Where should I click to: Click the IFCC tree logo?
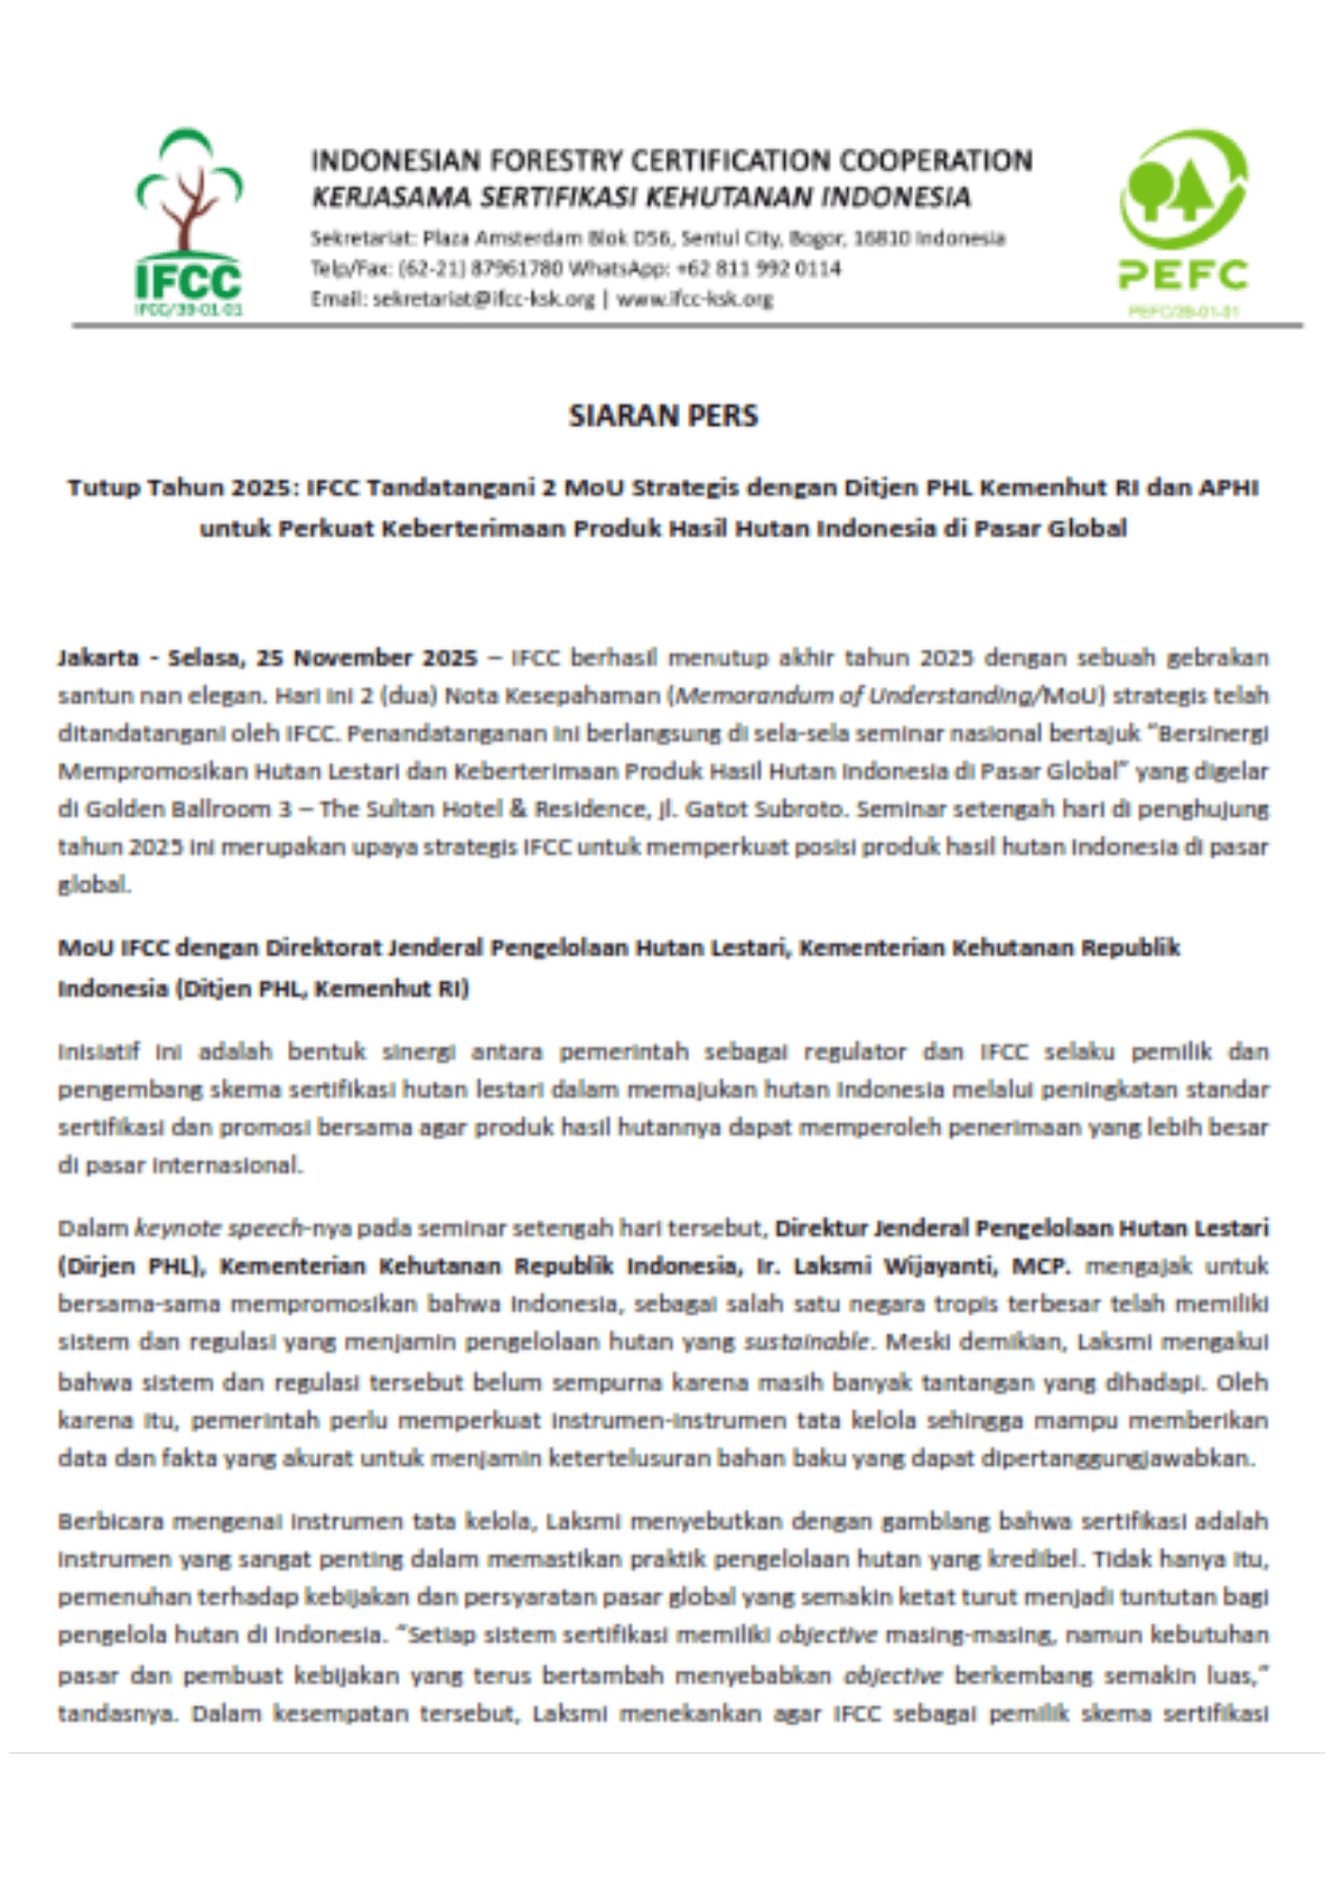click(x=189, y=222)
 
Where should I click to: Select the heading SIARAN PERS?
click(x=663, y=416)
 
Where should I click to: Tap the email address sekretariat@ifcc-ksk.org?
click(x=483, y=299)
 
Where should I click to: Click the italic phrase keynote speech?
click(x=219, y=1228)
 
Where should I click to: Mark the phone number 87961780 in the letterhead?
click(x=512, y=269)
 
